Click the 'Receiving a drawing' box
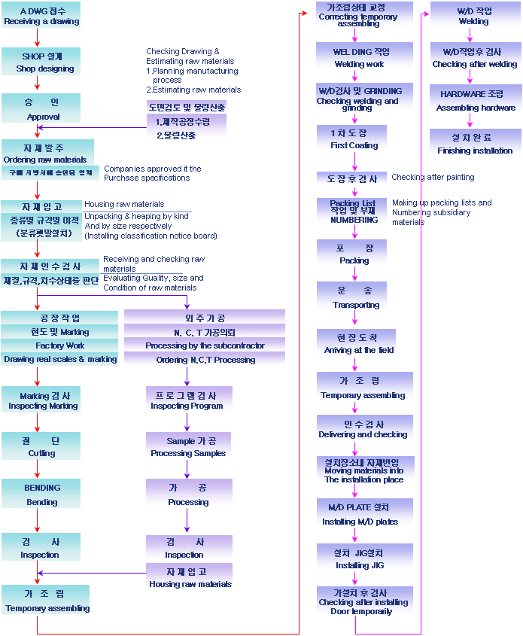(41, 16)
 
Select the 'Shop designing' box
(41, 62)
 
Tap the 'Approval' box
(41, 108)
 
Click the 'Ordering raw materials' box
(47, 152)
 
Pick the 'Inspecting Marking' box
(41, 400)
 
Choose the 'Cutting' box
(41, 446)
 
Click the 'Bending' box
(41, 494)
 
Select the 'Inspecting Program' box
(187, 400)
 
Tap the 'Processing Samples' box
(187, 447)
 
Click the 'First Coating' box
(354, 138)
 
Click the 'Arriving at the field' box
(356, 343)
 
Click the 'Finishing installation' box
(474, 144)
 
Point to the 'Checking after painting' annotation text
(433, 178)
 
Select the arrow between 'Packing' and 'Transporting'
(354, 275)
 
